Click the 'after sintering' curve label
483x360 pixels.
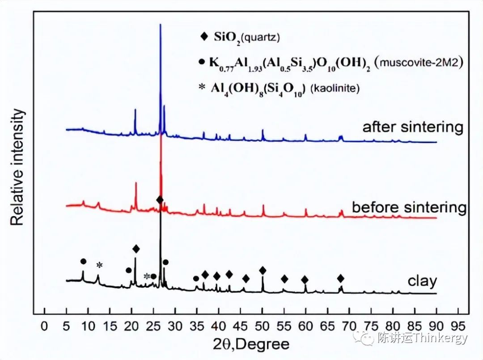click(x=412, y=127)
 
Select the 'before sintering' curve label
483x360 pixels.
click(x=409, y=208)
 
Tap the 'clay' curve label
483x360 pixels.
click(x=422, y=281)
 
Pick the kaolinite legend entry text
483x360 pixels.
click(x=285, y=88)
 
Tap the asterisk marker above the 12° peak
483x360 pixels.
click(x=100, y=265)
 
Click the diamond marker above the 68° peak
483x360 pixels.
click(x=341, y=279)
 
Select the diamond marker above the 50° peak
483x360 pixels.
click(x=263, y=271)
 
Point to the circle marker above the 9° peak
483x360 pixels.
click(x=83, y=261)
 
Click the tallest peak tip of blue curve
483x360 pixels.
click(x=160, y=25)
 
